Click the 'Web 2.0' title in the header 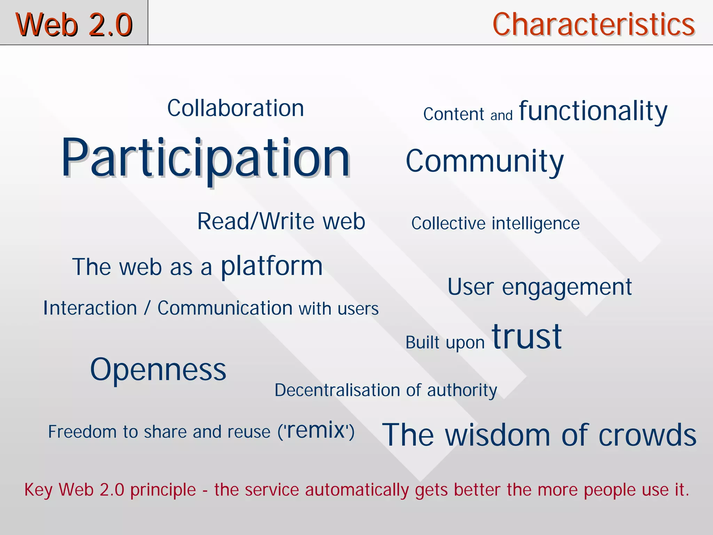point(74,24)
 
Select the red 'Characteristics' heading point(594,24)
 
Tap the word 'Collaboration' point(236,108)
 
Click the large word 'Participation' point(205,158)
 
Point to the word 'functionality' point(593,111)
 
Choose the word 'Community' point(485,161)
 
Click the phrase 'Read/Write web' point(281,221)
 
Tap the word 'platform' point(272,266)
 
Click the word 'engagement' point(567,288)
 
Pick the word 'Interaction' point(90,308)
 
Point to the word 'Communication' point(225,308)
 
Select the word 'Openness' point(158,370)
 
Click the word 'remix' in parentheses point(316,430)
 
